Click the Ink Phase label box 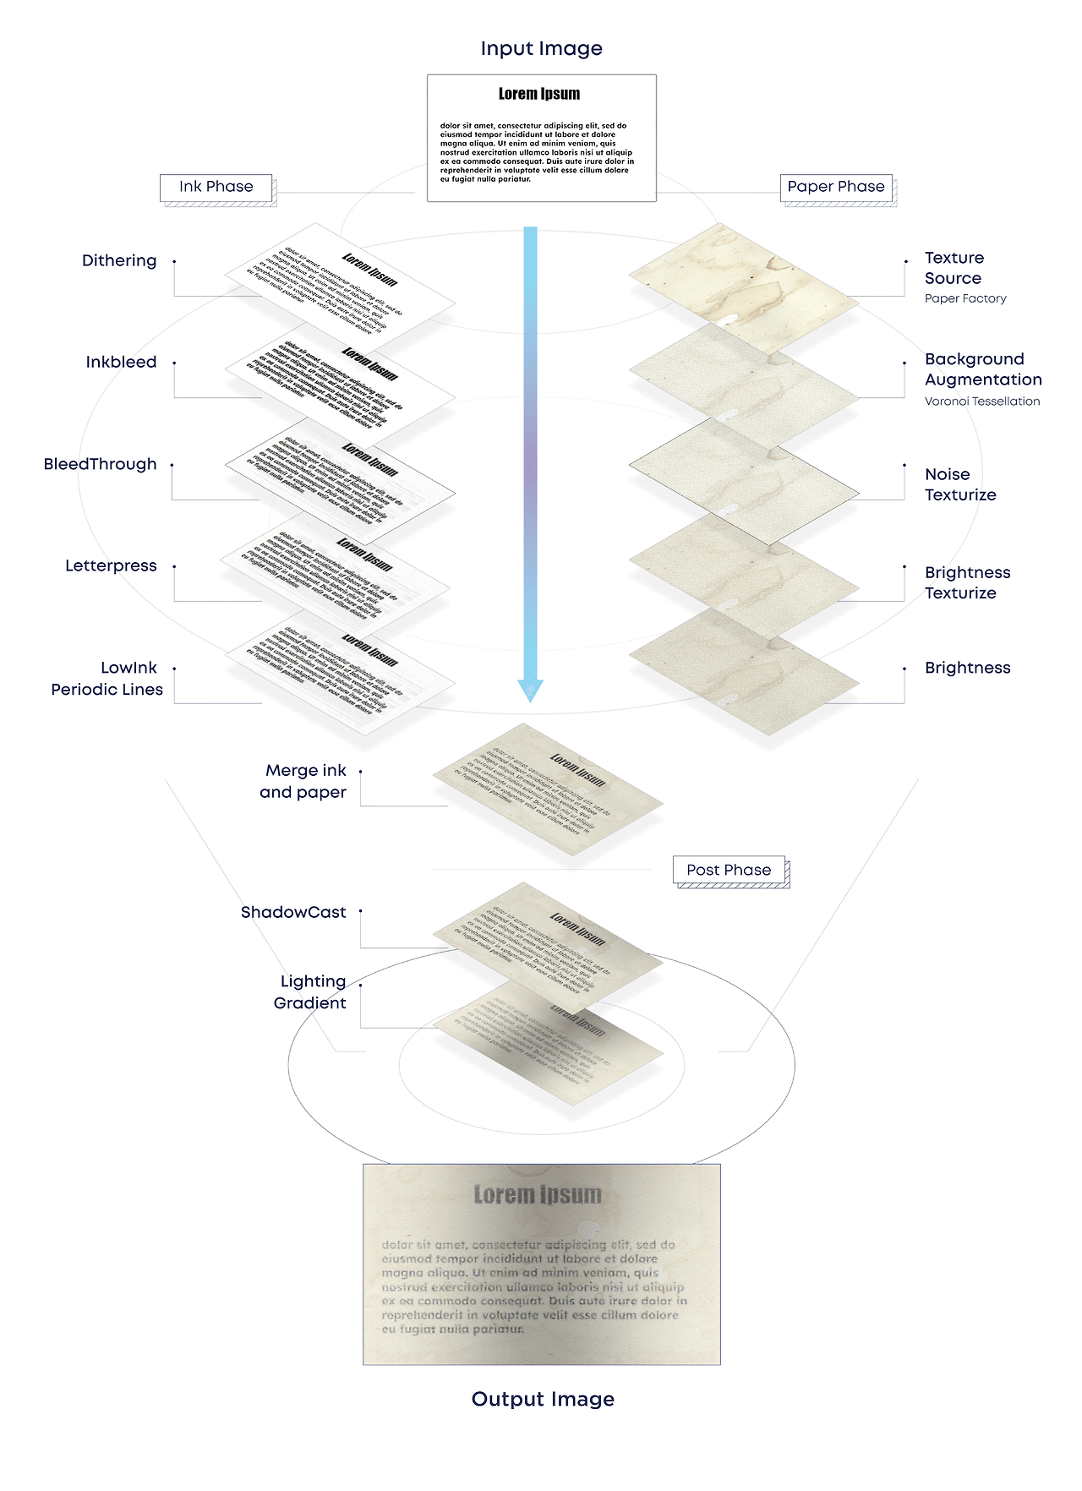tap(216, 187)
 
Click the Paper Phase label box tap(836, 187)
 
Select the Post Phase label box tap(729, 870)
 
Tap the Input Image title tap(541, 49)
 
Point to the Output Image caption tap(543, 1399)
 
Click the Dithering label tap(119, 260)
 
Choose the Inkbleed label tap(121, 362)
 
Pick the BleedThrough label tap(100, 464)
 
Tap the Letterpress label tap(111, 565)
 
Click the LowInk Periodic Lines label tap(107, 679)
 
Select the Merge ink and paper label tap(303, 781)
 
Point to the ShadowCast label tap(293, 912)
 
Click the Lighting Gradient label tap(310, 991)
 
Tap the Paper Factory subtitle tap(965, 298)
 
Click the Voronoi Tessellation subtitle tap(982, 401)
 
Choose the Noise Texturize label tap(960, 484)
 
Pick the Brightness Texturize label tap(967, 582)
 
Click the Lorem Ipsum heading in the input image tap(539, 94)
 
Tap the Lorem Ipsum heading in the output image tap(538, 1194)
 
